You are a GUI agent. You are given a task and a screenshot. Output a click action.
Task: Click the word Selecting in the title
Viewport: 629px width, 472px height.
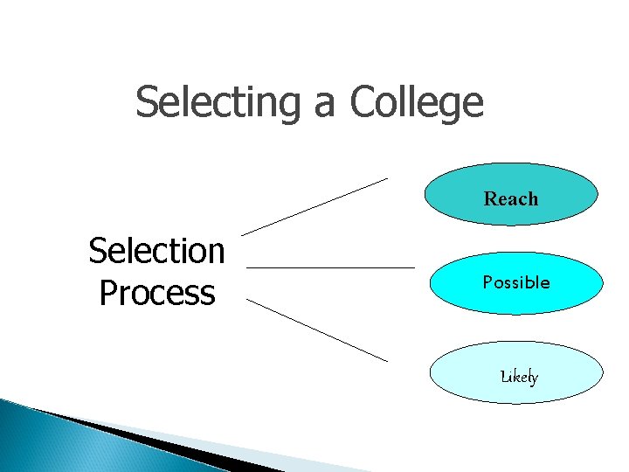216,102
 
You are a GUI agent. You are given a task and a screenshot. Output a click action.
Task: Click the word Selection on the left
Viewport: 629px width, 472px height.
156,252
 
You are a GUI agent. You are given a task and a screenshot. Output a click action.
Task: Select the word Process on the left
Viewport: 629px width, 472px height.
156,293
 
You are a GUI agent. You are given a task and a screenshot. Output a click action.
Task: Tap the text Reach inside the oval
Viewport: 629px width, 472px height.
511,199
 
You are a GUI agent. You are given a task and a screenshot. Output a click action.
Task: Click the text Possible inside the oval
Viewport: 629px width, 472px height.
516,282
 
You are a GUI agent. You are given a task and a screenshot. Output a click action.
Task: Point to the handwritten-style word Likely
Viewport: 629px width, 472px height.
519,378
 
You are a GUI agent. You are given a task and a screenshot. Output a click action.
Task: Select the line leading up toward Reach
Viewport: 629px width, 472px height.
314,206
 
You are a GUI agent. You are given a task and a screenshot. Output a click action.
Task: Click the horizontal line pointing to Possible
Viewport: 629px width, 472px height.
330,267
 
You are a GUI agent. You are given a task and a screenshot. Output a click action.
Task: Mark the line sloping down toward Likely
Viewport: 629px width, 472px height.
316,329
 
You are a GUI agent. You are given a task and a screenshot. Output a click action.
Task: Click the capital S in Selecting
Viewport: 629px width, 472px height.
146,102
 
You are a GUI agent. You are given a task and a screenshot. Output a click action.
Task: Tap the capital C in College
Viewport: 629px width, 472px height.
362,102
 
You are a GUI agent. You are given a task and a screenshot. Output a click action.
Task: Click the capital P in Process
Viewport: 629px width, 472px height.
108,293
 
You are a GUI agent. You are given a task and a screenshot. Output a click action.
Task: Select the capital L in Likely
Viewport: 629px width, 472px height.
504,377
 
